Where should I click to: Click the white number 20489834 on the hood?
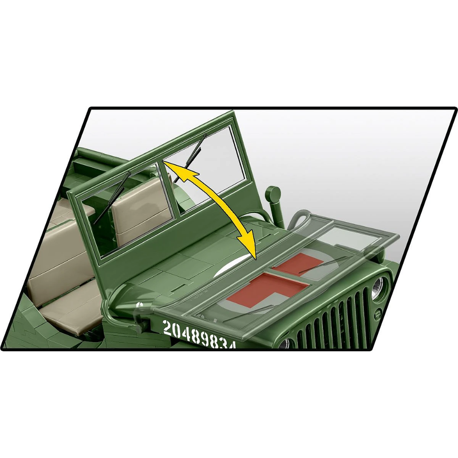(200, 334)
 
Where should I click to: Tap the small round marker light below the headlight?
(377, 314)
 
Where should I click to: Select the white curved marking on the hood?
(234, 266)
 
